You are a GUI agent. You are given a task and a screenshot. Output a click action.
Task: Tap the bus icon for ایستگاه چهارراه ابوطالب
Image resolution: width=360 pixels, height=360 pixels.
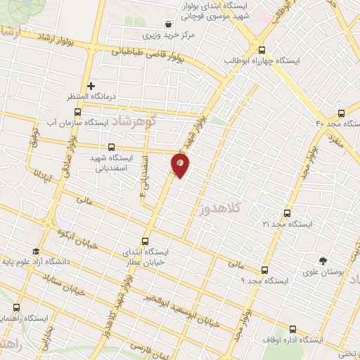point(262,50)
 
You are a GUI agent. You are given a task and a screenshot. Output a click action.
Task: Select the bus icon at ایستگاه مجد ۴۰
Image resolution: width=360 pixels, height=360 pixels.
point(341,112)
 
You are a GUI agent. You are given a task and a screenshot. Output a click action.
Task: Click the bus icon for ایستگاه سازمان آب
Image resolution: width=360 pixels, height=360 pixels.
point(77,111)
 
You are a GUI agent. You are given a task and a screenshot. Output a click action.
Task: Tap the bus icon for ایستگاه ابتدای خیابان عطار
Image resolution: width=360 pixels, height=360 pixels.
point(146,240)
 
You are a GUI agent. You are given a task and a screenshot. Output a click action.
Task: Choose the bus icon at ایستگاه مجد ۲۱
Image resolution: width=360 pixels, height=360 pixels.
point(286,213)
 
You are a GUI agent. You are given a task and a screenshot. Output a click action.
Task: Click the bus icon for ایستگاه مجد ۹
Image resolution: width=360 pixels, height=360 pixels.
point(264,270)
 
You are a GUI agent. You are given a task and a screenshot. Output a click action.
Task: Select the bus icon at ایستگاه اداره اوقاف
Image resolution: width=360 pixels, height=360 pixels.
point(293,329)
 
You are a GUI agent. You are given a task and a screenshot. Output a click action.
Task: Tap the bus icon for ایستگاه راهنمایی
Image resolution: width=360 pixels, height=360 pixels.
point(17,307)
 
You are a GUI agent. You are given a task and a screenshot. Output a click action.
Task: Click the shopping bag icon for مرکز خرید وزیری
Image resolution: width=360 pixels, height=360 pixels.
point(167,23)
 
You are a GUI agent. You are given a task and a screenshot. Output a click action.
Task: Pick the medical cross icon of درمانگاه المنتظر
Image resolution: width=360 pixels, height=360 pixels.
point(91,86)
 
